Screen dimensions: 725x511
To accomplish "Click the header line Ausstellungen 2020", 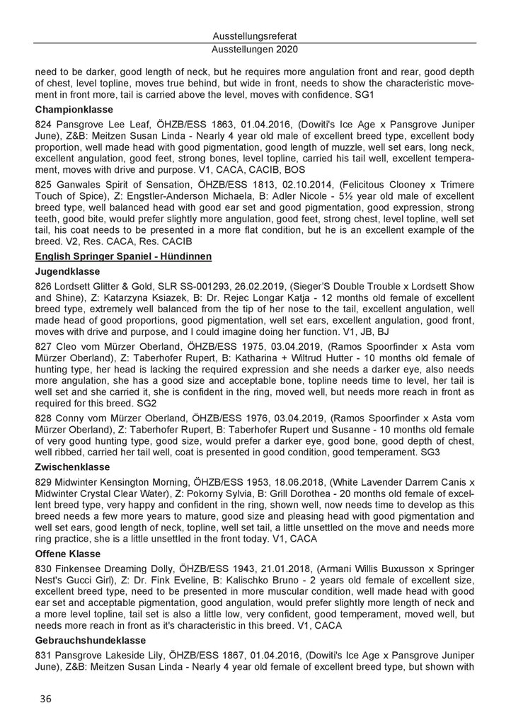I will tap(255, 50).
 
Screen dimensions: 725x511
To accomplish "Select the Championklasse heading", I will tap(69, 110).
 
